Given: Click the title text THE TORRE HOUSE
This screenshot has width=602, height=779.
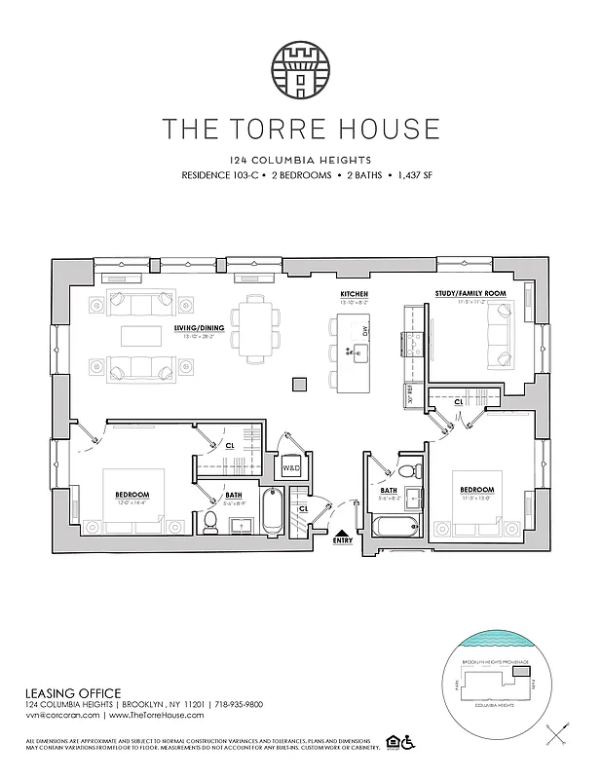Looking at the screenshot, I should click(300, 129).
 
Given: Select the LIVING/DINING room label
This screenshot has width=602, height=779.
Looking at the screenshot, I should click(201, 328).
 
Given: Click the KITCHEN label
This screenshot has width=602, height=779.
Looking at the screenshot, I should click(353, 293).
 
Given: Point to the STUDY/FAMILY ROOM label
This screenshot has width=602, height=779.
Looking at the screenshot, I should click(470, 293).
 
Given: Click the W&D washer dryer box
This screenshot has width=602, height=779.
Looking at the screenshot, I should click(290, 468).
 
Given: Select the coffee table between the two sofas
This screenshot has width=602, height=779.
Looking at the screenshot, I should click(141, 336).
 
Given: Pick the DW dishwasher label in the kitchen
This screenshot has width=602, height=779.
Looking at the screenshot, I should click(363, 332).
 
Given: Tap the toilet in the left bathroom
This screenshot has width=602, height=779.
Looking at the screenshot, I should click(208, 521).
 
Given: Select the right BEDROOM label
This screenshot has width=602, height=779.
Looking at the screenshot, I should click(477, 489).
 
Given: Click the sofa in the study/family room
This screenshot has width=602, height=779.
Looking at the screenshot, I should click(503, 336).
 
